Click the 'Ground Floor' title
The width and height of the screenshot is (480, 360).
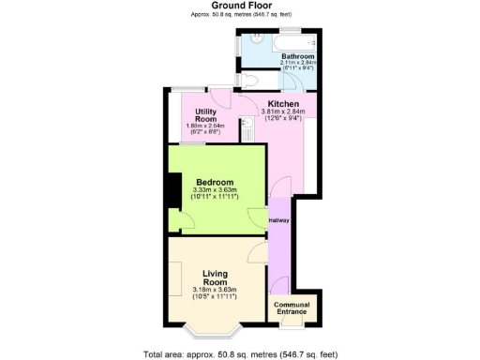240,6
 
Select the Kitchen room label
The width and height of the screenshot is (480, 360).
283,103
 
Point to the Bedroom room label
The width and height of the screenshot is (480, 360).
215,182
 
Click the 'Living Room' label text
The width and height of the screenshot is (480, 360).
215,277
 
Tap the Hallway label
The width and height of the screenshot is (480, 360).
278,220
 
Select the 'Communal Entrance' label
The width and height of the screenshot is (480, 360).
292,308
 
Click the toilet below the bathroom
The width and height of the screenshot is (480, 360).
247,80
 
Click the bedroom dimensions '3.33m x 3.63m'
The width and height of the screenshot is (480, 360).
215,190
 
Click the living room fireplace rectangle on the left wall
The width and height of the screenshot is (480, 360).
174,277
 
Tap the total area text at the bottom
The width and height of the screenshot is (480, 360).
240,353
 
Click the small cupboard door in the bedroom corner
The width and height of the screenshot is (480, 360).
187,221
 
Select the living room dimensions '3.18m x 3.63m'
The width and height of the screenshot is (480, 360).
215,290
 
